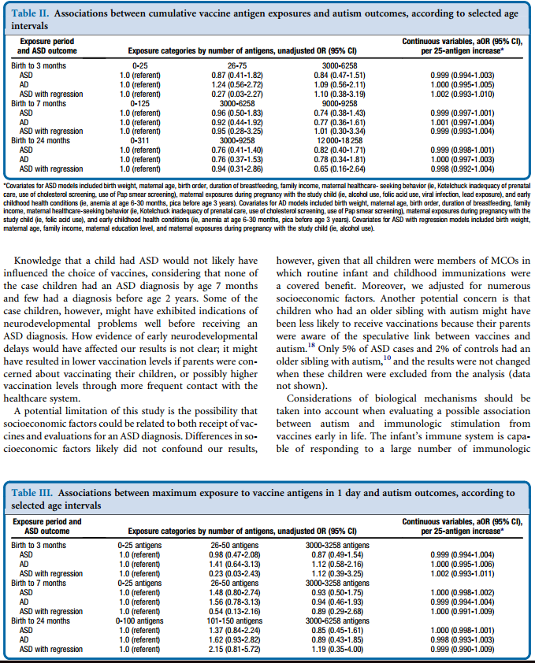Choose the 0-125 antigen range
click(141, 102)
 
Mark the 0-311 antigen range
click(141, 139)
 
